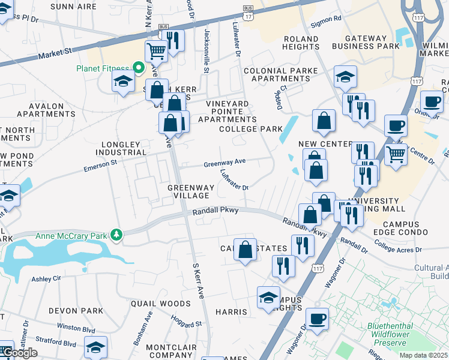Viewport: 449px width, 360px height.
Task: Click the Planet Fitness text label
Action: tap(103, 68)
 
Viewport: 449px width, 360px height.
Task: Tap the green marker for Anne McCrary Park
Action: tap(119, 235)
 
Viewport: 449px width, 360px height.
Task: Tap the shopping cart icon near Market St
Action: tap(156, 52)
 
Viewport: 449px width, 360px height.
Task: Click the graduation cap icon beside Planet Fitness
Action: tap(123, 81)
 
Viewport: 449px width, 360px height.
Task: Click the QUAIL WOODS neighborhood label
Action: tap(152, 304)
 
